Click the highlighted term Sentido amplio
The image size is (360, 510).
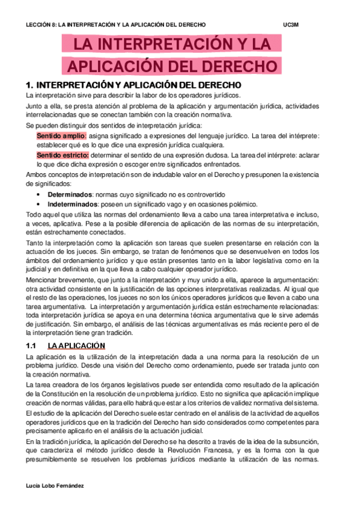pyautogui.click(x=61, y=136)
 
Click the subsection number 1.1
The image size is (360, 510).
pyautogui.click(x=32, y=345)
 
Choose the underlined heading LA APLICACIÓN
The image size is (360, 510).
pyautogui.click(x=76, y=345)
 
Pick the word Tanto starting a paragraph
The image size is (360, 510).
pyautogui.click(x=34, y=242)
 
